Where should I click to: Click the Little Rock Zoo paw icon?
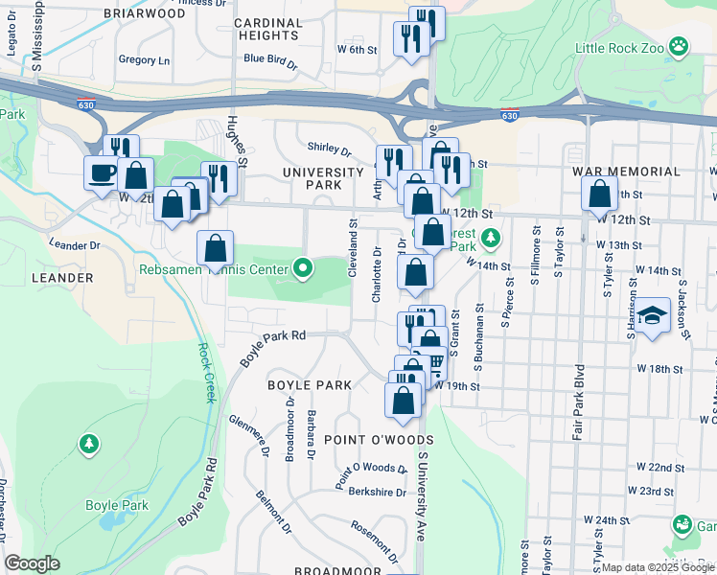click(679, 46)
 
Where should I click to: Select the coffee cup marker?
click(102, 173)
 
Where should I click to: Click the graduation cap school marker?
click(652, 315)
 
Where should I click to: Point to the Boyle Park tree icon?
click(88, 444)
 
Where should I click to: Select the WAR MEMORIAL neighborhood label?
click(626, 172)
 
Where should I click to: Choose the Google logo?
click(32, 563)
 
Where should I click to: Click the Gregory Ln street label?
click(144, 59)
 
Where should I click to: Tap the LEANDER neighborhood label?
click(62, 278)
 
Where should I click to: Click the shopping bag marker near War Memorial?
click(599, 195)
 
